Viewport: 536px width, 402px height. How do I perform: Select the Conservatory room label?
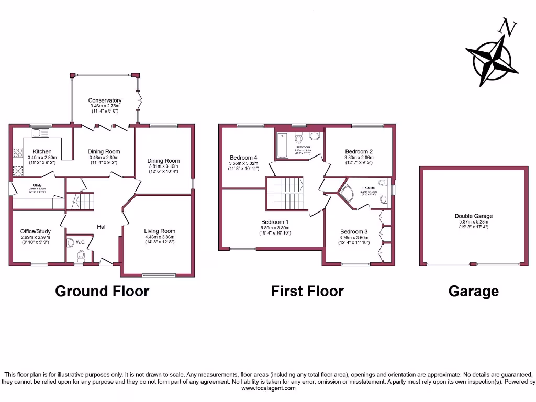(105, 100)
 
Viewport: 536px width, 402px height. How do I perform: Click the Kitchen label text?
(42, 151)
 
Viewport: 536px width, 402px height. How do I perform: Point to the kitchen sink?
(40, 133)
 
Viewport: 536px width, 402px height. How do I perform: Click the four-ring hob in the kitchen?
(18, 153)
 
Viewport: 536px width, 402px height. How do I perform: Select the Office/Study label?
(36, 231)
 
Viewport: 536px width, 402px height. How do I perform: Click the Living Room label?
(160, 231)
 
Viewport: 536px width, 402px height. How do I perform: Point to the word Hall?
(102, 227)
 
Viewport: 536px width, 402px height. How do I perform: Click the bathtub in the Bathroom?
(281, 145)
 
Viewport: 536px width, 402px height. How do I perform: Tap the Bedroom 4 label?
(243, 158)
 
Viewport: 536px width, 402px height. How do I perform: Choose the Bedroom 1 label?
(275, 222)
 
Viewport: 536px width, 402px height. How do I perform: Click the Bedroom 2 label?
(358, 151)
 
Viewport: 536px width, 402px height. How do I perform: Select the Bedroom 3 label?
(354, 232)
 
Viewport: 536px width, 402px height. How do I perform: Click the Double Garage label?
(473, 216)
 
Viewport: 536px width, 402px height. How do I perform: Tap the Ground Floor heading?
(102, 291)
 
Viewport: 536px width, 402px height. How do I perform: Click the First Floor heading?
(307, 291)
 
